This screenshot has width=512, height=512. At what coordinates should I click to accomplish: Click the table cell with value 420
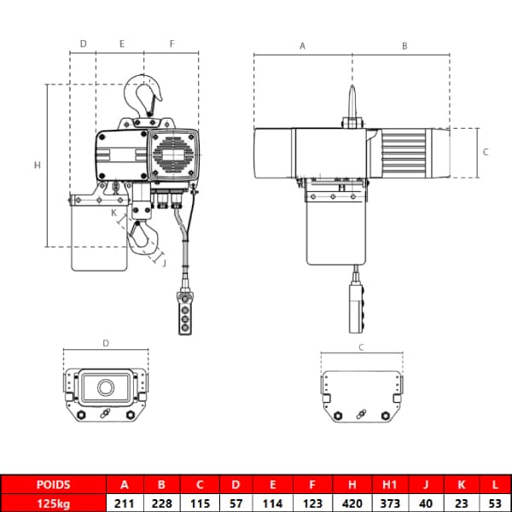(352, 503)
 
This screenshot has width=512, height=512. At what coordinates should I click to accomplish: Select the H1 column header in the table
(390, 485)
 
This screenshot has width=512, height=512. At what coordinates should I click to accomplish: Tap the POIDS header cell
(53, 485)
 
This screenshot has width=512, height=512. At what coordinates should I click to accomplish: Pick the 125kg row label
(53, 503)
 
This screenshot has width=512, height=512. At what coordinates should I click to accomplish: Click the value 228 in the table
(161, 503)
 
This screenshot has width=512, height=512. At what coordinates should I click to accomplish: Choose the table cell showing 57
(236, 503)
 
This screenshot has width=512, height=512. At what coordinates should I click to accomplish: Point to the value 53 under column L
(495, 503)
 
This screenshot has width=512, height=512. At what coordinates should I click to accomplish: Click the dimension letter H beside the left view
(38, 166)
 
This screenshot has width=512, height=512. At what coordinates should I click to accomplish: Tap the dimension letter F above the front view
(172, 44)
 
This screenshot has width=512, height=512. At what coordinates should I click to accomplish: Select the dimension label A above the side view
(302, 46)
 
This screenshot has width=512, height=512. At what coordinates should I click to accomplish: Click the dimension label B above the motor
(404, 46)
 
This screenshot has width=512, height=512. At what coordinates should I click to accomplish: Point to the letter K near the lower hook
(113, 212)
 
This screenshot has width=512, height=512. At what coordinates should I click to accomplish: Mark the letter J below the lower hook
(164, 263)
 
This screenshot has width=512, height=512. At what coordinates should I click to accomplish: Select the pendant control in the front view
(185, 313)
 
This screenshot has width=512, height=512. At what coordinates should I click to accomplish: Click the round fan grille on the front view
(172, 154)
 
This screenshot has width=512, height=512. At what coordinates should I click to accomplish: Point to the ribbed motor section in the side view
(404, 153)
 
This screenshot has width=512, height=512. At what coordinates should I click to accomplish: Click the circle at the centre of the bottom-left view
(106, 387)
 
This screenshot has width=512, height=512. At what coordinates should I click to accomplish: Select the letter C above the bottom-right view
(361, 347)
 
